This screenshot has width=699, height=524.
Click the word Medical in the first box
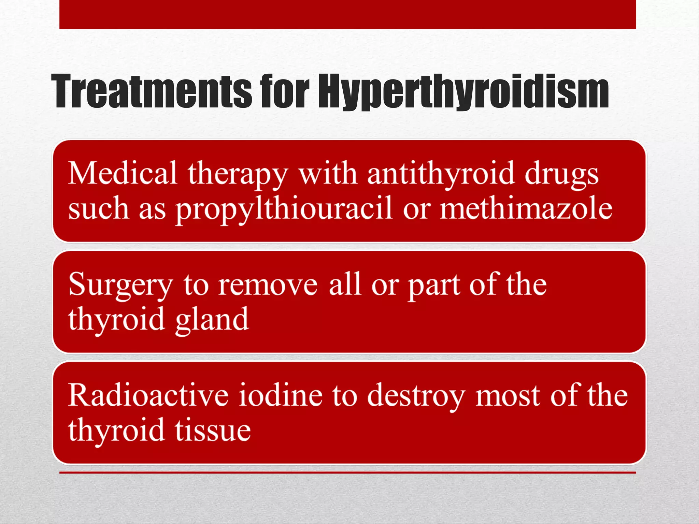(x=123, y=173)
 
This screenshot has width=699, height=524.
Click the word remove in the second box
(x=268, y=285)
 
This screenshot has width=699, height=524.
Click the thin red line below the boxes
(x=347, y=472)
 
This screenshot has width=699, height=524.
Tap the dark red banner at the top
(x=347, y=14)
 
